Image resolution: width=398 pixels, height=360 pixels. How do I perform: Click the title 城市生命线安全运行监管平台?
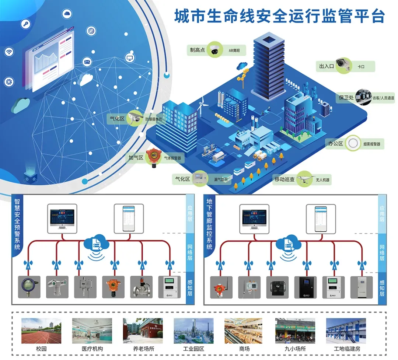tap(279, 17)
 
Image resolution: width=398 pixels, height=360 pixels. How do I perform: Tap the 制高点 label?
tap(197, 50)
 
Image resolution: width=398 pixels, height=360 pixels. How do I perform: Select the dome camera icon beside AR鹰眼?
tap(214, 50)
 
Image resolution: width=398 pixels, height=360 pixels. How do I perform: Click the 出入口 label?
tap(326, 66)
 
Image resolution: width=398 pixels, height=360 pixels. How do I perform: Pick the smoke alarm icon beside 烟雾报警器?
tap(354, 143)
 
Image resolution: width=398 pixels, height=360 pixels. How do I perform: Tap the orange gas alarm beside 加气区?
tap(152, 157)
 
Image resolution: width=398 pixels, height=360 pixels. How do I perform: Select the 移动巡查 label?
tap(284, 179)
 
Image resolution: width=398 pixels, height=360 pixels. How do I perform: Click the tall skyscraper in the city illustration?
tap(269, 66)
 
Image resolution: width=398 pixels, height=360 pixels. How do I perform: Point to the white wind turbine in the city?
tap(202, 107)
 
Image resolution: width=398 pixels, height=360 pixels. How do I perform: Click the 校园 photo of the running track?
tap(41, 331)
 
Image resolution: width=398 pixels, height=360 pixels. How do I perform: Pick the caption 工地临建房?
tap(345, 349)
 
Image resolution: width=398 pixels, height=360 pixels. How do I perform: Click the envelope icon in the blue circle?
tap(87, 62)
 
